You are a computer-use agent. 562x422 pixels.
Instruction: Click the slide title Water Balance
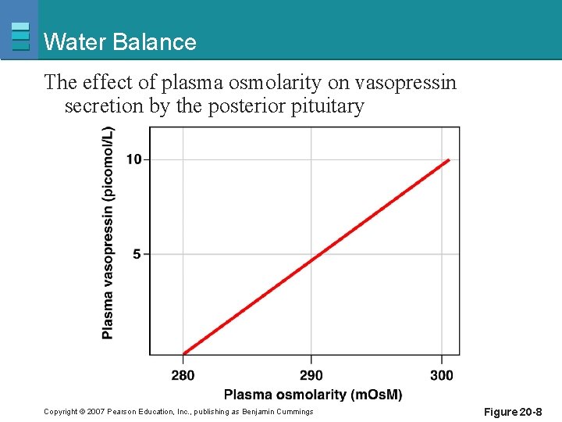[x=120, y=42]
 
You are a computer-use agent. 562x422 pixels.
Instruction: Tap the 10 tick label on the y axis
[x=133, y=159]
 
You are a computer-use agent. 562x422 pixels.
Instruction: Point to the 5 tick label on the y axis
[x=137, y=254]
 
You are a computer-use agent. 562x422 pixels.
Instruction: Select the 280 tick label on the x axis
[x=183, y=376]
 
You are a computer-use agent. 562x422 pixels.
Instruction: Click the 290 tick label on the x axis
[x=311, y=376]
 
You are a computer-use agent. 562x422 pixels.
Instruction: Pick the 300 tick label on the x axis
[x=441, y=376]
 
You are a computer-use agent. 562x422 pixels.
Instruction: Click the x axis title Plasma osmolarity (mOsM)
[x=313, y=395]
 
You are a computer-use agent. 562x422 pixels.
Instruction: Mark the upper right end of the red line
[x=449, y=160]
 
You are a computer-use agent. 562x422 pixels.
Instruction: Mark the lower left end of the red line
[x=183, y=354]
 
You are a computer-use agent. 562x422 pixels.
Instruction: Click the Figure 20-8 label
[x=513, y=412]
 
